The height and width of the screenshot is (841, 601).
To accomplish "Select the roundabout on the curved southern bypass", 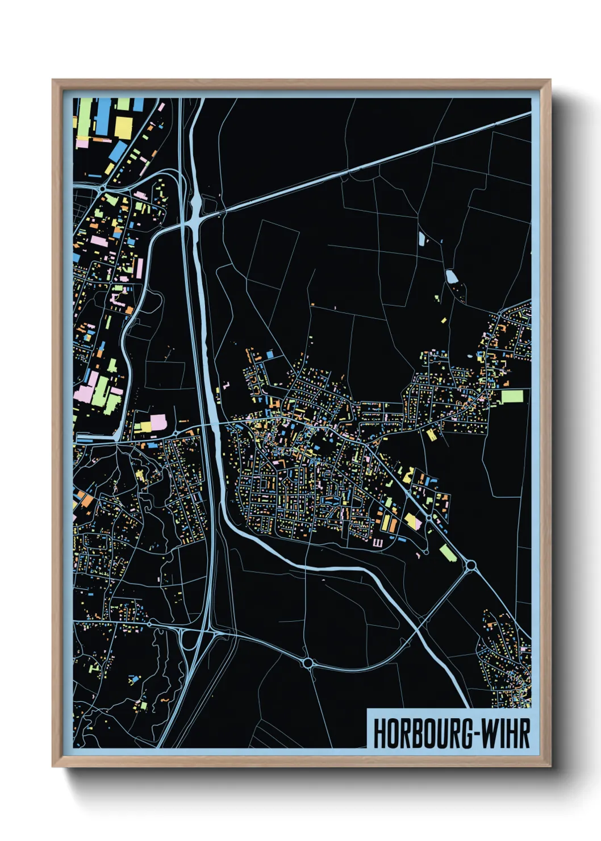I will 308,663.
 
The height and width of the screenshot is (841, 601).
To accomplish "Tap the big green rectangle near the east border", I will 511,396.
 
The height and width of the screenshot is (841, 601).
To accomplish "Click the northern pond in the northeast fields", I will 421,238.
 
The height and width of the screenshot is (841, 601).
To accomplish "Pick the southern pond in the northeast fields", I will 451,277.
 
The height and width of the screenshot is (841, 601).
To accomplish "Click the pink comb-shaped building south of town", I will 378,543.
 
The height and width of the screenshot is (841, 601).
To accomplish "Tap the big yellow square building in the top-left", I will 123,127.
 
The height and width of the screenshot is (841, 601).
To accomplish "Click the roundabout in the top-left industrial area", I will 102,188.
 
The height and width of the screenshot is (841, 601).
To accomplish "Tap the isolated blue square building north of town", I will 270,355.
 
